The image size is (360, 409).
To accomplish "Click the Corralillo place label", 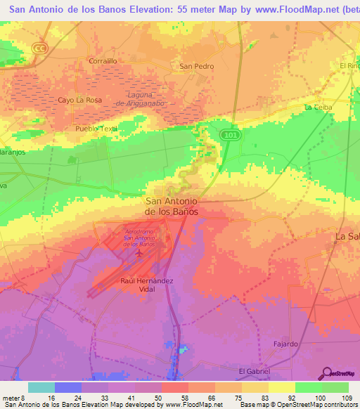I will point(103,61).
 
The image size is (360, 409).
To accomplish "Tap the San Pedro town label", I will point(196,67).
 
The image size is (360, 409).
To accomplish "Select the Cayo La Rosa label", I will point(79,100).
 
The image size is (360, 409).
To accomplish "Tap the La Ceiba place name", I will point(317,107).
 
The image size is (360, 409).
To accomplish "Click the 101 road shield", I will point(229,134).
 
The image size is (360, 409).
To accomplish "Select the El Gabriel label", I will point(255,371).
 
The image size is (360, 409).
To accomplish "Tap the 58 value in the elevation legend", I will point(175,396).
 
